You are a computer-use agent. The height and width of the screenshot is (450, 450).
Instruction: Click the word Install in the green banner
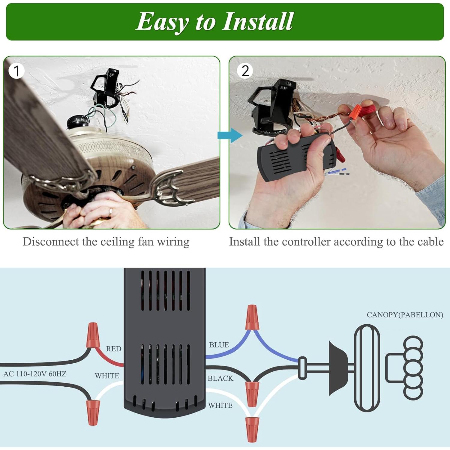point(257,22)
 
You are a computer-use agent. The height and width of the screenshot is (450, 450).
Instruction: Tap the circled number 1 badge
point(16,71)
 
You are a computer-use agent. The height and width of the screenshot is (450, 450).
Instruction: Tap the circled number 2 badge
point(245,71)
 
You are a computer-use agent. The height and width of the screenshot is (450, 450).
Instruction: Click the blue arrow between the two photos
point(230,135)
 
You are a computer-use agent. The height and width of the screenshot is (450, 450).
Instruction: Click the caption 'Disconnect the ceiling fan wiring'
point(106,242)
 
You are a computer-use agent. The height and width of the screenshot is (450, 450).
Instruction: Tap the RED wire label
point(113,349)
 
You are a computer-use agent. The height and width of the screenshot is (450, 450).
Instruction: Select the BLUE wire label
point(219,345)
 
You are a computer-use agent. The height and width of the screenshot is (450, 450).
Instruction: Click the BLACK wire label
point(220,378)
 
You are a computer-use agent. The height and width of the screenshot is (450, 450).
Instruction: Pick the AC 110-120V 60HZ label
point(35,374)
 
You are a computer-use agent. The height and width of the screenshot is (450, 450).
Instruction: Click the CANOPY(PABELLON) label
point(405,315)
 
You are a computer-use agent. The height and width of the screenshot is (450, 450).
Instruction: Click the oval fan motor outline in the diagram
point(367,368)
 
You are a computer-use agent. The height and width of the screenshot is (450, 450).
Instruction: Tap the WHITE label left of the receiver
point(107,376)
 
